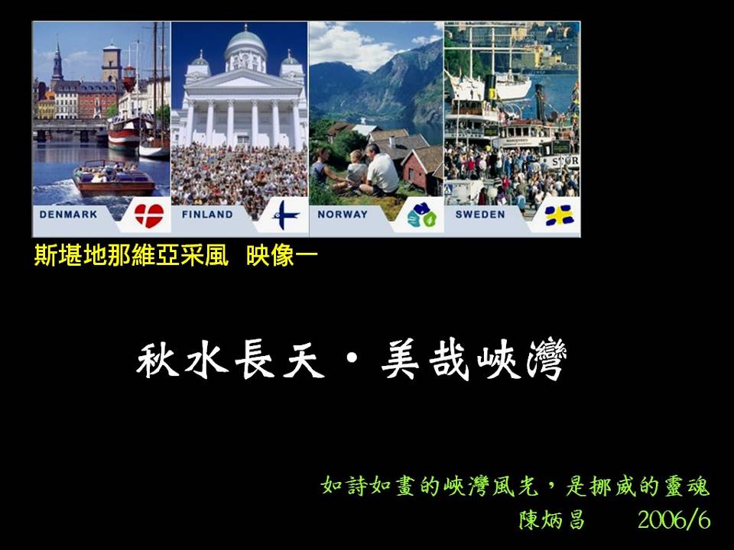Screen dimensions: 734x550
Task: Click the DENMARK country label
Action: pyautogui.click(x=68, y=214)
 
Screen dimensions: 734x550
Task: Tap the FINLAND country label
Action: pyautogui.click(x=207, y=214)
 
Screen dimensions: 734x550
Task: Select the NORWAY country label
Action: pyautogui.click(x=343, y=214)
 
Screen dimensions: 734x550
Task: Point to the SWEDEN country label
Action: pyautogui.click(x=480, y=214)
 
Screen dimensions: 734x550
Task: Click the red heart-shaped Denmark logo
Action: pyautogui.click(x=149, y=215)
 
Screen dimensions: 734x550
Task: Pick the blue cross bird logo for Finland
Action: pyautogui.click(x=284, y=215)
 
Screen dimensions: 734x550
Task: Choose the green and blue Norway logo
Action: pyautogui.click(x=421, y=215)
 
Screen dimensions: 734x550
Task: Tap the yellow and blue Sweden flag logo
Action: pyautogui.click(x=559, y=215)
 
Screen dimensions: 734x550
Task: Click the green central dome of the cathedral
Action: pyautogui.click(x=245, y=41)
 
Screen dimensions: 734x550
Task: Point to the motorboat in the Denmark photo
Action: pyautogui.click(x=114, y=179)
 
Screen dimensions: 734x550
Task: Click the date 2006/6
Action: pyautogui.click(x=674, y=519)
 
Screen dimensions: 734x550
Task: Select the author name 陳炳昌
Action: pyautogui.click(x=552, y=519)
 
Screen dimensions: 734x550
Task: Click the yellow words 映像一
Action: pyautogui.click(x=282, y=256)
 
